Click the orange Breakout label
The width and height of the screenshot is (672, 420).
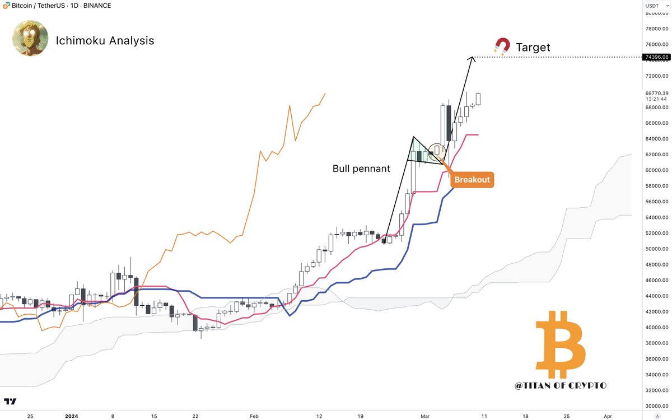472,180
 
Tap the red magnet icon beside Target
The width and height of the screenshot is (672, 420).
502,46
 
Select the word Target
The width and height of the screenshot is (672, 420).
533,48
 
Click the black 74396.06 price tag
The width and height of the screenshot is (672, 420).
657,57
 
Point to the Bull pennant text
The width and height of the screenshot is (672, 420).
361,168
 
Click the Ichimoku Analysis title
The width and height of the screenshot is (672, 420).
105,40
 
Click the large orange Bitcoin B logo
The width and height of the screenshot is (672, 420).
560,345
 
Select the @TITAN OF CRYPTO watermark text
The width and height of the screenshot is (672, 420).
560,385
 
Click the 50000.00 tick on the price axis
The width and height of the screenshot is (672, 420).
657,249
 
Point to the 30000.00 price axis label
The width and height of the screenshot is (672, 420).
657,405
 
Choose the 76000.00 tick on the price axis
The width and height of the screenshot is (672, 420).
657,45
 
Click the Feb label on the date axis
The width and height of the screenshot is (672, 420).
254,417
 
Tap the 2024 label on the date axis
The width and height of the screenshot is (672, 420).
71,417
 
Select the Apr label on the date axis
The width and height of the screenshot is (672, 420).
608,417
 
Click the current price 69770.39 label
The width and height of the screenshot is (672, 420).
657,93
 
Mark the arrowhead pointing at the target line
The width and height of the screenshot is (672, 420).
472,58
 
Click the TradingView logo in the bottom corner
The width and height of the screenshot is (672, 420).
10,402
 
